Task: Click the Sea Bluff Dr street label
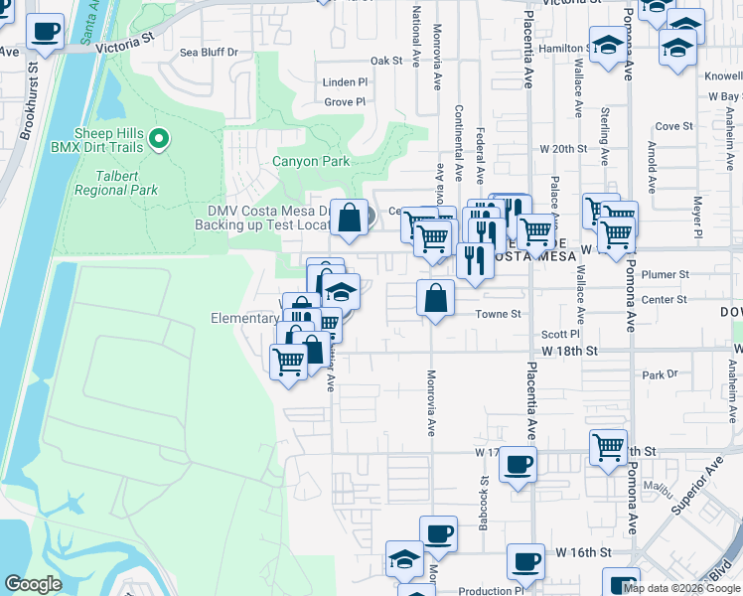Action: point(209,52)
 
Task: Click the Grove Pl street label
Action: point(346,101)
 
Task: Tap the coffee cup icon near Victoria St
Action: point(45,33)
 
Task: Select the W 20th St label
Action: point(564,148)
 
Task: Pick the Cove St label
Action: point(673,126)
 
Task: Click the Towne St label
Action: point(502,314)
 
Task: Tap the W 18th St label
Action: point(570,352)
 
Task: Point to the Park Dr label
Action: point(659,375)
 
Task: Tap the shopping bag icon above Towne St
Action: point(437,296)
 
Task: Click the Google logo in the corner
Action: point(33,584)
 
